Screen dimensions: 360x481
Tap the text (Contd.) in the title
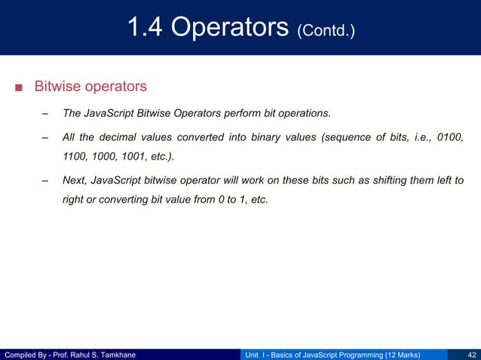click(x=326, y=31)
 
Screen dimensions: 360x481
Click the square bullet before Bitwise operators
click(x=19, y=87)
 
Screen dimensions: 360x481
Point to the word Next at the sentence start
click(x=75, y=182)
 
